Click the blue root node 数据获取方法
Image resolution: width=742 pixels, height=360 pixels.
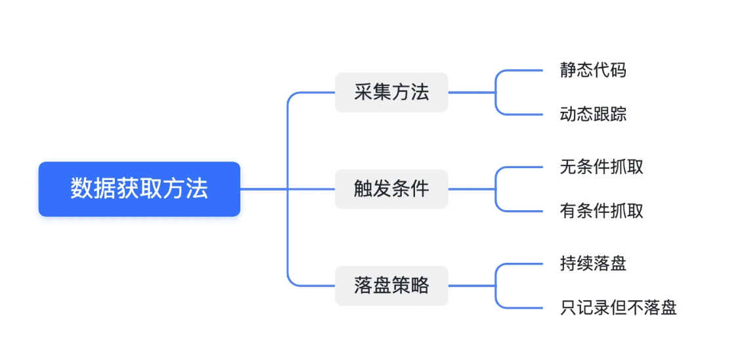[139, 189]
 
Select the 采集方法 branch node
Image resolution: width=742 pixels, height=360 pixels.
[391, 93]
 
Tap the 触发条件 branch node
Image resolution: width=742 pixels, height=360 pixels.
[391, 189]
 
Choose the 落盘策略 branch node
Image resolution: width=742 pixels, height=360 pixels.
[391, 286]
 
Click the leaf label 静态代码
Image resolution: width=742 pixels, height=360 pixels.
[593, 70]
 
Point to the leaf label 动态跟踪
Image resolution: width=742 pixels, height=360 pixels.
[593, 114]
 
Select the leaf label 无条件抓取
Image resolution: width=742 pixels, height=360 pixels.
[601, 167]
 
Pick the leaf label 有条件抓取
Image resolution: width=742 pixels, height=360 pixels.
[601, 211]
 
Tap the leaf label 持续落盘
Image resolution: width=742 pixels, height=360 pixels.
[593, 263]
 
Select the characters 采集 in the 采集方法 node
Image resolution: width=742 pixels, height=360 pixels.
[372, 93]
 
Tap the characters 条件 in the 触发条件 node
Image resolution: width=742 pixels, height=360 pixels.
[410, 189]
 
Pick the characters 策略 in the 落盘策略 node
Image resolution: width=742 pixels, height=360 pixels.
[410, 286]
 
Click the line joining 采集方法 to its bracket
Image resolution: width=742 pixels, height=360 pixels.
[471, 93]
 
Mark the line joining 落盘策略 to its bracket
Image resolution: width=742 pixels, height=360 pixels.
[471, 286]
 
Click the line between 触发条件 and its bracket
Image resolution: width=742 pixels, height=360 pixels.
[471, 189]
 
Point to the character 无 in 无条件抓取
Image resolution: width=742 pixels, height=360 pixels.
[568, 167]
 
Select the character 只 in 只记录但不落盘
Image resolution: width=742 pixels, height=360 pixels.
[568, 307]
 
